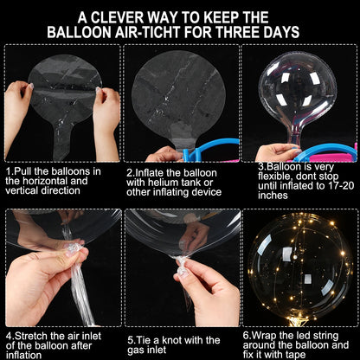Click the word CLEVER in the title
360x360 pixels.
(x=117, y=17)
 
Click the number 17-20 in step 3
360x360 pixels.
(x=341, y=185)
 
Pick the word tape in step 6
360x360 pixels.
(x=296, y=354)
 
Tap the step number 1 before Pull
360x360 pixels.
(x=9, y=171)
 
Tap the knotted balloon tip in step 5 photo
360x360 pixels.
(x=182, y=266)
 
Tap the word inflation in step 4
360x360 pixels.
(x=23, y=355)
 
